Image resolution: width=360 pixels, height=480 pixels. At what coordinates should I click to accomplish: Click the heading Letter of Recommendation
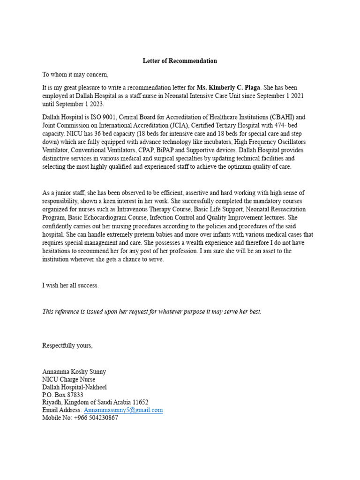180,61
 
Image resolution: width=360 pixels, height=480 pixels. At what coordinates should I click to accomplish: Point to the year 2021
296,96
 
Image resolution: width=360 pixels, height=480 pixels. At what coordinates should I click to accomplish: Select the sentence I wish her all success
70,285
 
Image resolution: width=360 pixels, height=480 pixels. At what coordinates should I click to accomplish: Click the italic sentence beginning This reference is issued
151,311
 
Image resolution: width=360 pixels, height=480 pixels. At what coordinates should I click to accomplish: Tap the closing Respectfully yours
67,345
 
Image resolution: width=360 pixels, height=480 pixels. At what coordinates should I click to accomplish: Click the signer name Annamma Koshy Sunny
74,372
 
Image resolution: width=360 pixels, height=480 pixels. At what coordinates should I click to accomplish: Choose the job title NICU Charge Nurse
68,380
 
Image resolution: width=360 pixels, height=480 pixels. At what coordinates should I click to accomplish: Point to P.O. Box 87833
63,395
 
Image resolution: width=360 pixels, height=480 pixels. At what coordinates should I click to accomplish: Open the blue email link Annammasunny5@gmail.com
123,410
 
